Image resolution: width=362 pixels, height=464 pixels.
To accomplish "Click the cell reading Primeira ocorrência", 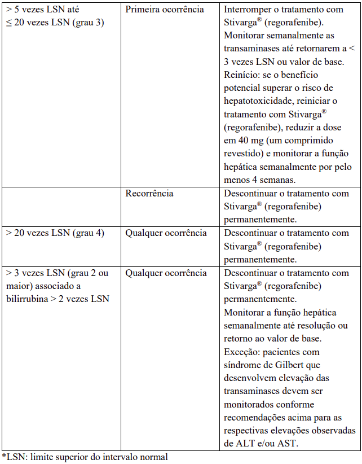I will [x=165, y=10].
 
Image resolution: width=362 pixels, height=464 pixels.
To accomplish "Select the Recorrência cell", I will [x=149, y=193].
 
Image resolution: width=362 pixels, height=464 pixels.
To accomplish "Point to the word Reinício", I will [x=240, y=75].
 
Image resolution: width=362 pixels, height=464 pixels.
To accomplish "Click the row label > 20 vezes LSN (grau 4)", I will [x=55, y=233].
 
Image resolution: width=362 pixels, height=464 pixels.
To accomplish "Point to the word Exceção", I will [x=240, y=351].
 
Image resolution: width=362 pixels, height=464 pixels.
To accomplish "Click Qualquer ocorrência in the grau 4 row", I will [x=166, y=233].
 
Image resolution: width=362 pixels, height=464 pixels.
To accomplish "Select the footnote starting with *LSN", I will [x=85, y=457].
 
